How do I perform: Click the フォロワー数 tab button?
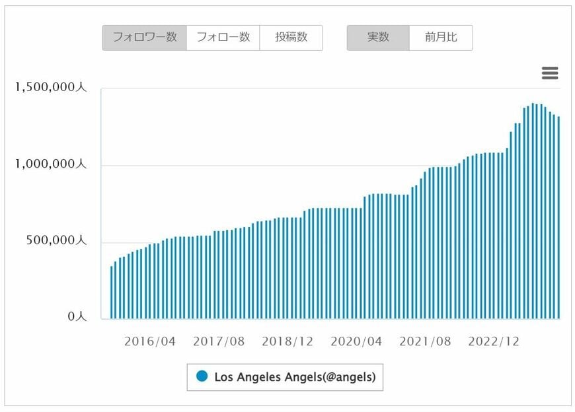coord(144,38)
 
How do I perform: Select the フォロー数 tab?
coord(223,38)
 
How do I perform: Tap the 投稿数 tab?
coord(291,38)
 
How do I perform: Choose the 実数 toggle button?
coord(378,38)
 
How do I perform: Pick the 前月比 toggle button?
coord(441,38)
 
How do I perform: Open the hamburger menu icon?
coord(550,73)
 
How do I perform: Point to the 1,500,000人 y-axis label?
coord(51,88)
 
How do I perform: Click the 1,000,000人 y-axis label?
coord(51,164)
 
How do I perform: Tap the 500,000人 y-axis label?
coord(56,240)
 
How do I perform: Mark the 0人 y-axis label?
coord(77,317)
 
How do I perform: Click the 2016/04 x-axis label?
coord(150,341)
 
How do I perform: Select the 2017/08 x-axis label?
coord(219,341)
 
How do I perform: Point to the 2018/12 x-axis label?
coord(287,341)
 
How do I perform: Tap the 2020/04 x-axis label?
coord(356,341)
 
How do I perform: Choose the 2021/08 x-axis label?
coord(425,341)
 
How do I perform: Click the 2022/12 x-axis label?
coord(494,341)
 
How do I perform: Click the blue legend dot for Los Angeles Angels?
coord(202,376)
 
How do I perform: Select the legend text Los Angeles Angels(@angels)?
coord(295,377)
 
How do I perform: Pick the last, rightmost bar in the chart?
coord(558,218)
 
